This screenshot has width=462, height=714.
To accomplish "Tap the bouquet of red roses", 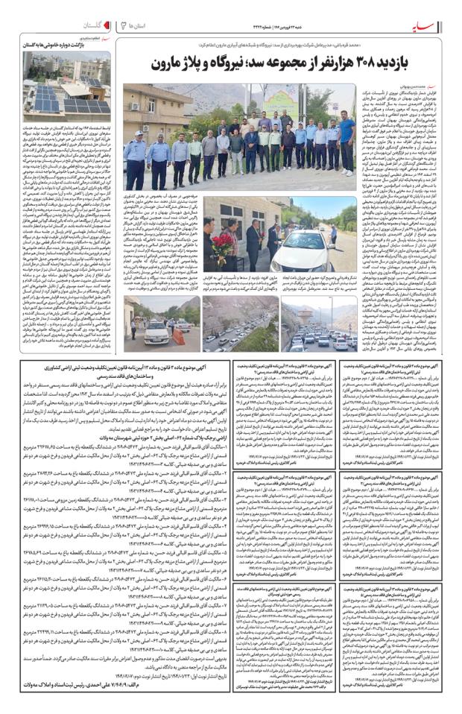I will (221, 243).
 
